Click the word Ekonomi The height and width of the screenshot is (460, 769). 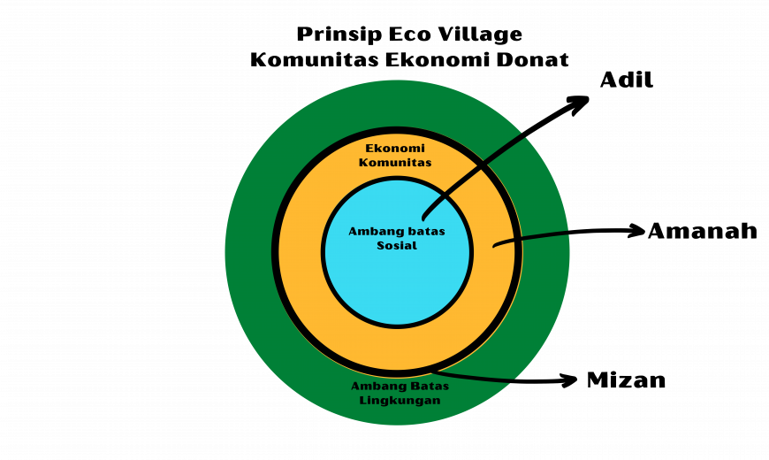pos(395,149)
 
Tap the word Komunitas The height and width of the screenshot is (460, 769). pos(395,163)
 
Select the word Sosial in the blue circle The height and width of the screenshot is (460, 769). pos(396,246)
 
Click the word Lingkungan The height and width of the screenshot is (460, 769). pos(400,401)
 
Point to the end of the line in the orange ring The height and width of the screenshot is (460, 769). pos(495,245)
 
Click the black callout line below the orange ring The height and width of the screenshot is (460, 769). pos(477,378)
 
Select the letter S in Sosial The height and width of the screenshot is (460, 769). pos(380,246)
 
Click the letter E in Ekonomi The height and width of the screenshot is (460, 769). pos(369,149)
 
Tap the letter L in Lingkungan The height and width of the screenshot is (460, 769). pos(363,401)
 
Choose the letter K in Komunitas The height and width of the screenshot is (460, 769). pos(363,163)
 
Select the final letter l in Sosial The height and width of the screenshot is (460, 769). pos(415,246)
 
